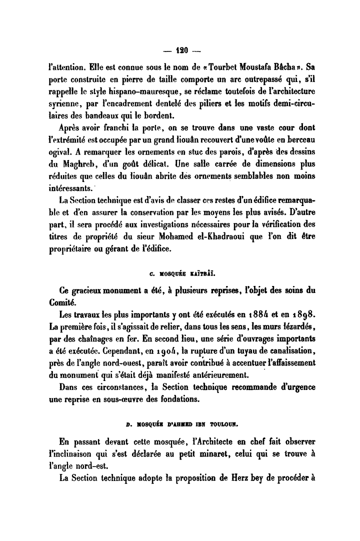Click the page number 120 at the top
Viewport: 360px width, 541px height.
pyautogui.click(x=180, y=49)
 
